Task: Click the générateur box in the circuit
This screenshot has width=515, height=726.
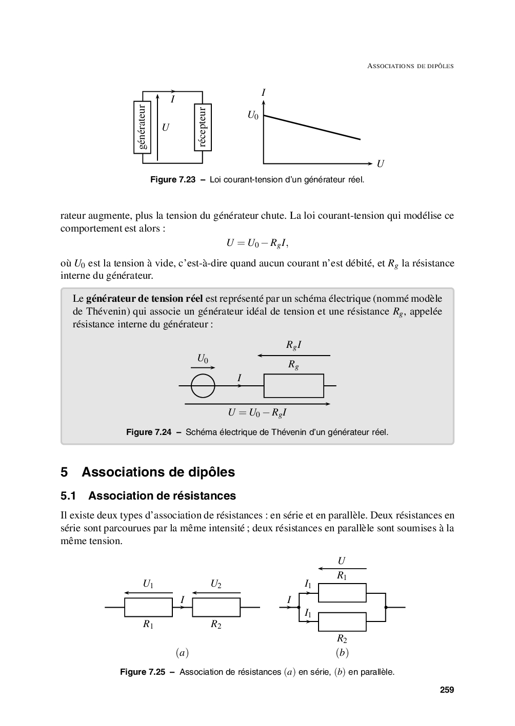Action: (x=143, y=127)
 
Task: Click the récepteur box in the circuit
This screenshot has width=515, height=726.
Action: (x=203, y=127)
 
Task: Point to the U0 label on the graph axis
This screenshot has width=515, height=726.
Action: (x=253, y=115)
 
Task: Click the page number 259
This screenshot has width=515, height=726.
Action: (x=447, y=690)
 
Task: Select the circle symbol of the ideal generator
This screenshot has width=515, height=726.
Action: (x=203, y=386)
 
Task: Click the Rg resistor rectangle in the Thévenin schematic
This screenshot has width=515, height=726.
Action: (x=293, y=386)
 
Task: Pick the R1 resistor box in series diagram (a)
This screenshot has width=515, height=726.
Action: (x=148, y=607)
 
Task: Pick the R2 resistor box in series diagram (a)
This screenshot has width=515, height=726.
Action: (x=216, y=607)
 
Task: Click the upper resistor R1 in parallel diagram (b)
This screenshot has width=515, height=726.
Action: (x=342, y=592)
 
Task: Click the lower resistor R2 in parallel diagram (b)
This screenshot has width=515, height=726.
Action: (x=342, y=621)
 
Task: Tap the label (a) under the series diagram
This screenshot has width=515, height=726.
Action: (x=182, y=653)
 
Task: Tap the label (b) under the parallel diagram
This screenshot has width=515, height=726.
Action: (x=342, y=653)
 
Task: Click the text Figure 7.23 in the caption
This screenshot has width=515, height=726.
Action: (x=173, y=180)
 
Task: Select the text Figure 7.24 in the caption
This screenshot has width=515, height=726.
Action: (x=149, y=432)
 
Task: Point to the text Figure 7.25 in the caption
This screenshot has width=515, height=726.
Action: (x=143, y=672)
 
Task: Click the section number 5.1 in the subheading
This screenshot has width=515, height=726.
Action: (x=68, y=496)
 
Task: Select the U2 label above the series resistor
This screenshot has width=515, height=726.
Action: (x=216, y=584)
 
